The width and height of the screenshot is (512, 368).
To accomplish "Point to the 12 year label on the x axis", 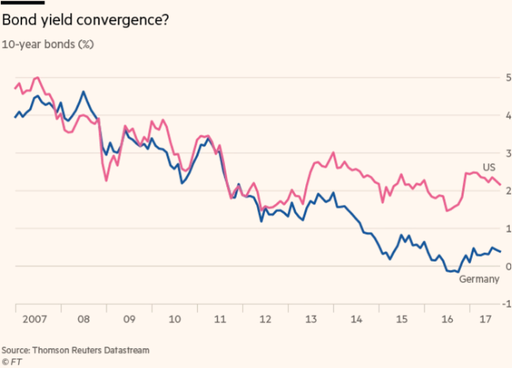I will pyautogui.click(x=266, y=321).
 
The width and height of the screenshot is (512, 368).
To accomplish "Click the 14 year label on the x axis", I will pyautogui.click(x=358, y=321).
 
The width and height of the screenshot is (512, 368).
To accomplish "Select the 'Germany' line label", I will pyautogui.click(x=479, y=280).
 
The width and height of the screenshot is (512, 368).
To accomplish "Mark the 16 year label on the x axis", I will pyautogui.click(x=448, y=321).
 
